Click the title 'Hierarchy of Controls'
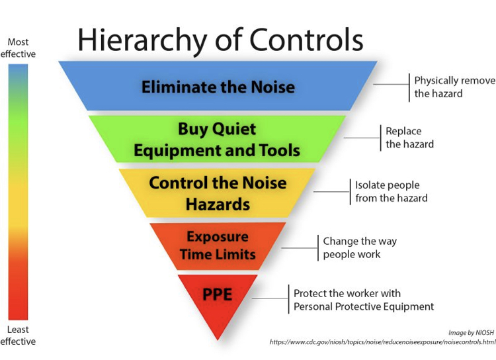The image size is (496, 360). coord(220,40)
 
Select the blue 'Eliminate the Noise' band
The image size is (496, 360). coord(218,86)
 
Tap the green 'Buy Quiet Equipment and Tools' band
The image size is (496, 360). coord(217,139)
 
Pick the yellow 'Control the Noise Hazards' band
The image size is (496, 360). coord(218,193)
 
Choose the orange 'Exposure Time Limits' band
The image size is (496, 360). coord(218,246)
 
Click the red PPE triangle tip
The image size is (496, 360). coord(218,340)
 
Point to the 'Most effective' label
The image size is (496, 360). coord(18,48)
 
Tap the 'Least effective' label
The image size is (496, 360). coord(18,336)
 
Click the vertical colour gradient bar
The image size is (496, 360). coord(18,192)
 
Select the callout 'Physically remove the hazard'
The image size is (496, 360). coord(454,87)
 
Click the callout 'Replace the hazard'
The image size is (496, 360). coord(409,138)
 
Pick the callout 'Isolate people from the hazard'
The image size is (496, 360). coord(392,191)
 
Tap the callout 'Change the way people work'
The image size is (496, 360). coord(360,247)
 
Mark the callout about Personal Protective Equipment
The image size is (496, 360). coord(364,300)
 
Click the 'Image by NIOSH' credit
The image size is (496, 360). coord(471,332)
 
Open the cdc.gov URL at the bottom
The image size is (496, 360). coord(383,342)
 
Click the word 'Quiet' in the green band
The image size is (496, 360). coord(234,129)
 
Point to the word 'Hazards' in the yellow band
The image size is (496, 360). coord(218,204)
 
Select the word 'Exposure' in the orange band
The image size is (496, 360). coord(218,237)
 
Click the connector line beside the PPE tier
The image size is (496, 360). coord(270,298)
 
